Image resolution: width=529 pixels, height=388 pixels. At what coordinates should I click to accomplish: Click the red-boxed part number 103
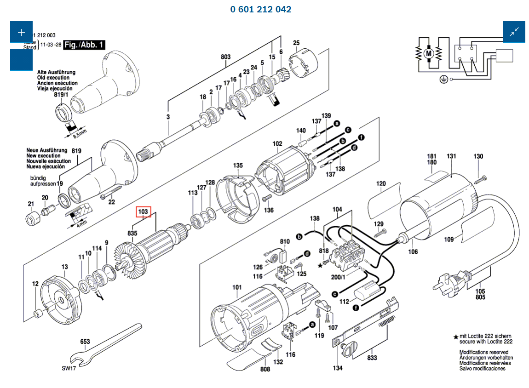144,211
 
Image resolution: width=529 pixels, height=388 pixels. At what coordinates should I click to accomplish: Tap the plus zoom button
21,33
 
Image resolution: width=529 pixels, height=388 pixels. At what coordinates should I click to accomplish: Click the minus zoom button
21,60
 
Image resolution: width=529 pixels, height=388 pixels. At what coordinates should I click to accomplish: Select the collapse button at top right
514,32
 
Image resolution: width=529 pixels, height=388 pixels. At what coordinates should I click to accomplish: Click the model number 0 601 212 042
261,9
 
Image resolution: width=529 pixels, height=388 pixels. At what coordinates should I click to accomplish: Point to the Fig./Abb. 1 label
84,45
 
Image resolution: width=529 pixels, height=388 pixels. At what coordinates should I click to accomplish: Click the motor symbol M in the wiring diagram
429,54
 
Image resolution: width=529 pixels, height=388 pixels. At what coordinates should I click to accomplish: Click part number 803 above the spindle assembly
225,57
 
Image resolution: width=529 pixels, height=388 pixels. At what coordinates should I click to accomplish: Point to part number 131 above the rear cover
451,156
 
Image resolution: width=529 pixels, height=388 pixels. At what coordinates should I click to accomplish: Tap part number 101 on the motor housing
237,288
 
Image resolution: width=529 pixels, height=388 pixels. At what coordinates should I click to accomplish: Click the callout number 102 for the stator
277,144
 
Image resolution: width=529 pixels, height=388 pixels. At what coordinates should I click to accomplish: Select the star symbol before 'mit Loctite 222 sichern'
456,337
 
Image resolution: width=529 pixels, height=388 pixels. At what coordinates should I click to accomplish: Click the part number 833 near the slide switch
373,357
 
